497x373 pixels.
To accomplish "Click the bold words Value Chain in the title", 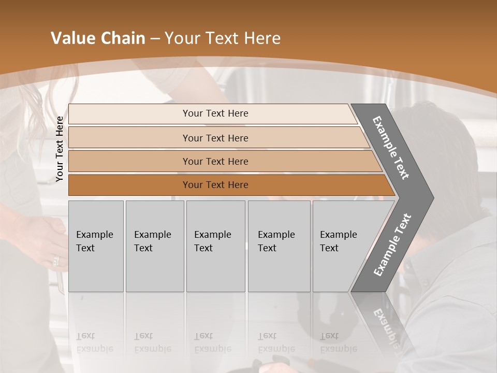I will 98,38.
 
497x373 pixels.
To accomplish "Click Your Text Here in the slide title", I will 223,38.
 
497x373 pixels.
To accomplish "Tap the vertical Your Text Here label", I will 60,149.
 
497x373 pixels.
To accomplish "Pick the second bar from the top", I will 215,138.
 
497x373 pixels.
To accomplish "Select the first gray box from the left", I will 96,246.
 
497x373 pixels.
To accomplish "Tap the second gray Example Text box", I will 154,246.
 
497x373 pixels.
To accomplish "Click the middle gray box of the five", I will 215,246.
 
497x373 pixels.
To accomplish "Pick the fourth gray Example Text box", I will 279,246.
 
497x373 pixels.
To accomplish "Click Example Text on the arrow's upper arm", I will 391,148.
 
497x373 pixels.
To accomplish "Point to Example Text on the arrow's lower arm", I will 392,245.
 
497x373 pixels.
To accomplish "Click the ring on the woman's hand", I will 56,261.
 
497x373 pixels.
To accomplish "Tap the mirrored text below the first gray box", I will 94,343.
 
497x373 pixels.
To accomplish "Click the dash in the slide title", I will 155,39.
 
